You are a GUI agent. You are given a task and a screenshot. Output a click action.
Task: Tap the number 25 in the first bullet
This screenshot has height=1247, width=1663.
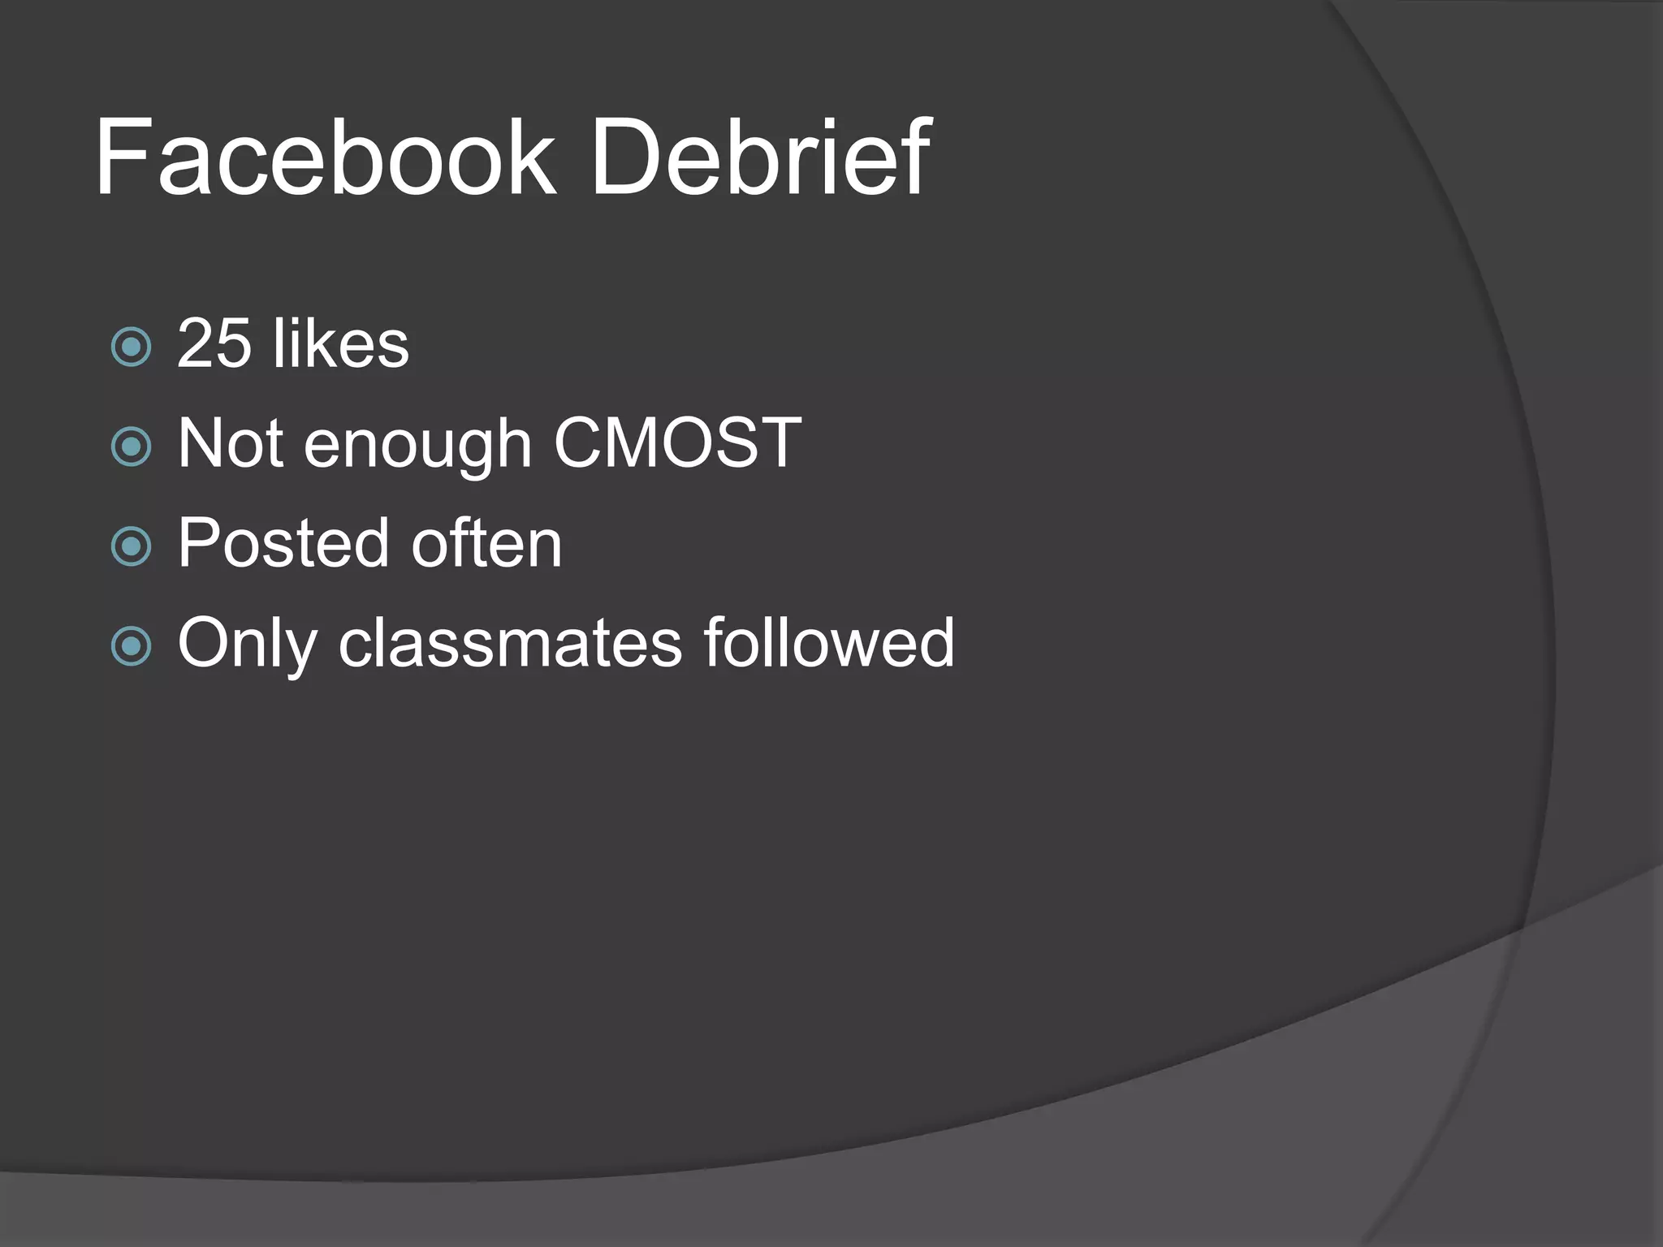click(214, 343)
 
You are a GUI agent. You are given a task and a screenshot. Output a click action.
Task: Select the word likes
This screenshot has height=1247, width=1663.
click(341, 343)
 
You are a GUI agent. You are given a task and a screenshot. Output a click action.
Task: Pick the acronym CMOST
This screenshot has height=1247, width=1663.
click(677, 443)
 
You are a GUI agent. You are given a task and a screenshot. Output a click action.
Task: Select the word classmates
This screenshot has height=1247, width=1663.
click(510, 643)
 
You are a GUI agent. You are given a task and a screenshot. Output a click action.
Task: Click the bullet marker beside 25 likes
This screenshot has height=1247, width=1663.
click(131, 347)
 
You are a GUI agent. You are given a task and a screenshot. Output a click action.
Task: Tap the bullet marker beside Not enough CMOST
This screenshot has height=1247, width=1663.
click(131, 447)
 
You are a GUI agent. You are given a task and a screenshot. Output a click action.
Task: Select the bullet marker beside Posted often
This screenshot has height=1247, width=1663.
click(131, 546)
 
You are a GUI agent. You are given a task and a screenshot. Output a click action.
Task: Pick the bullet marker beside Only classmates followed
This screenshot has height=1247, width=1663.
click(131, 646)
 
